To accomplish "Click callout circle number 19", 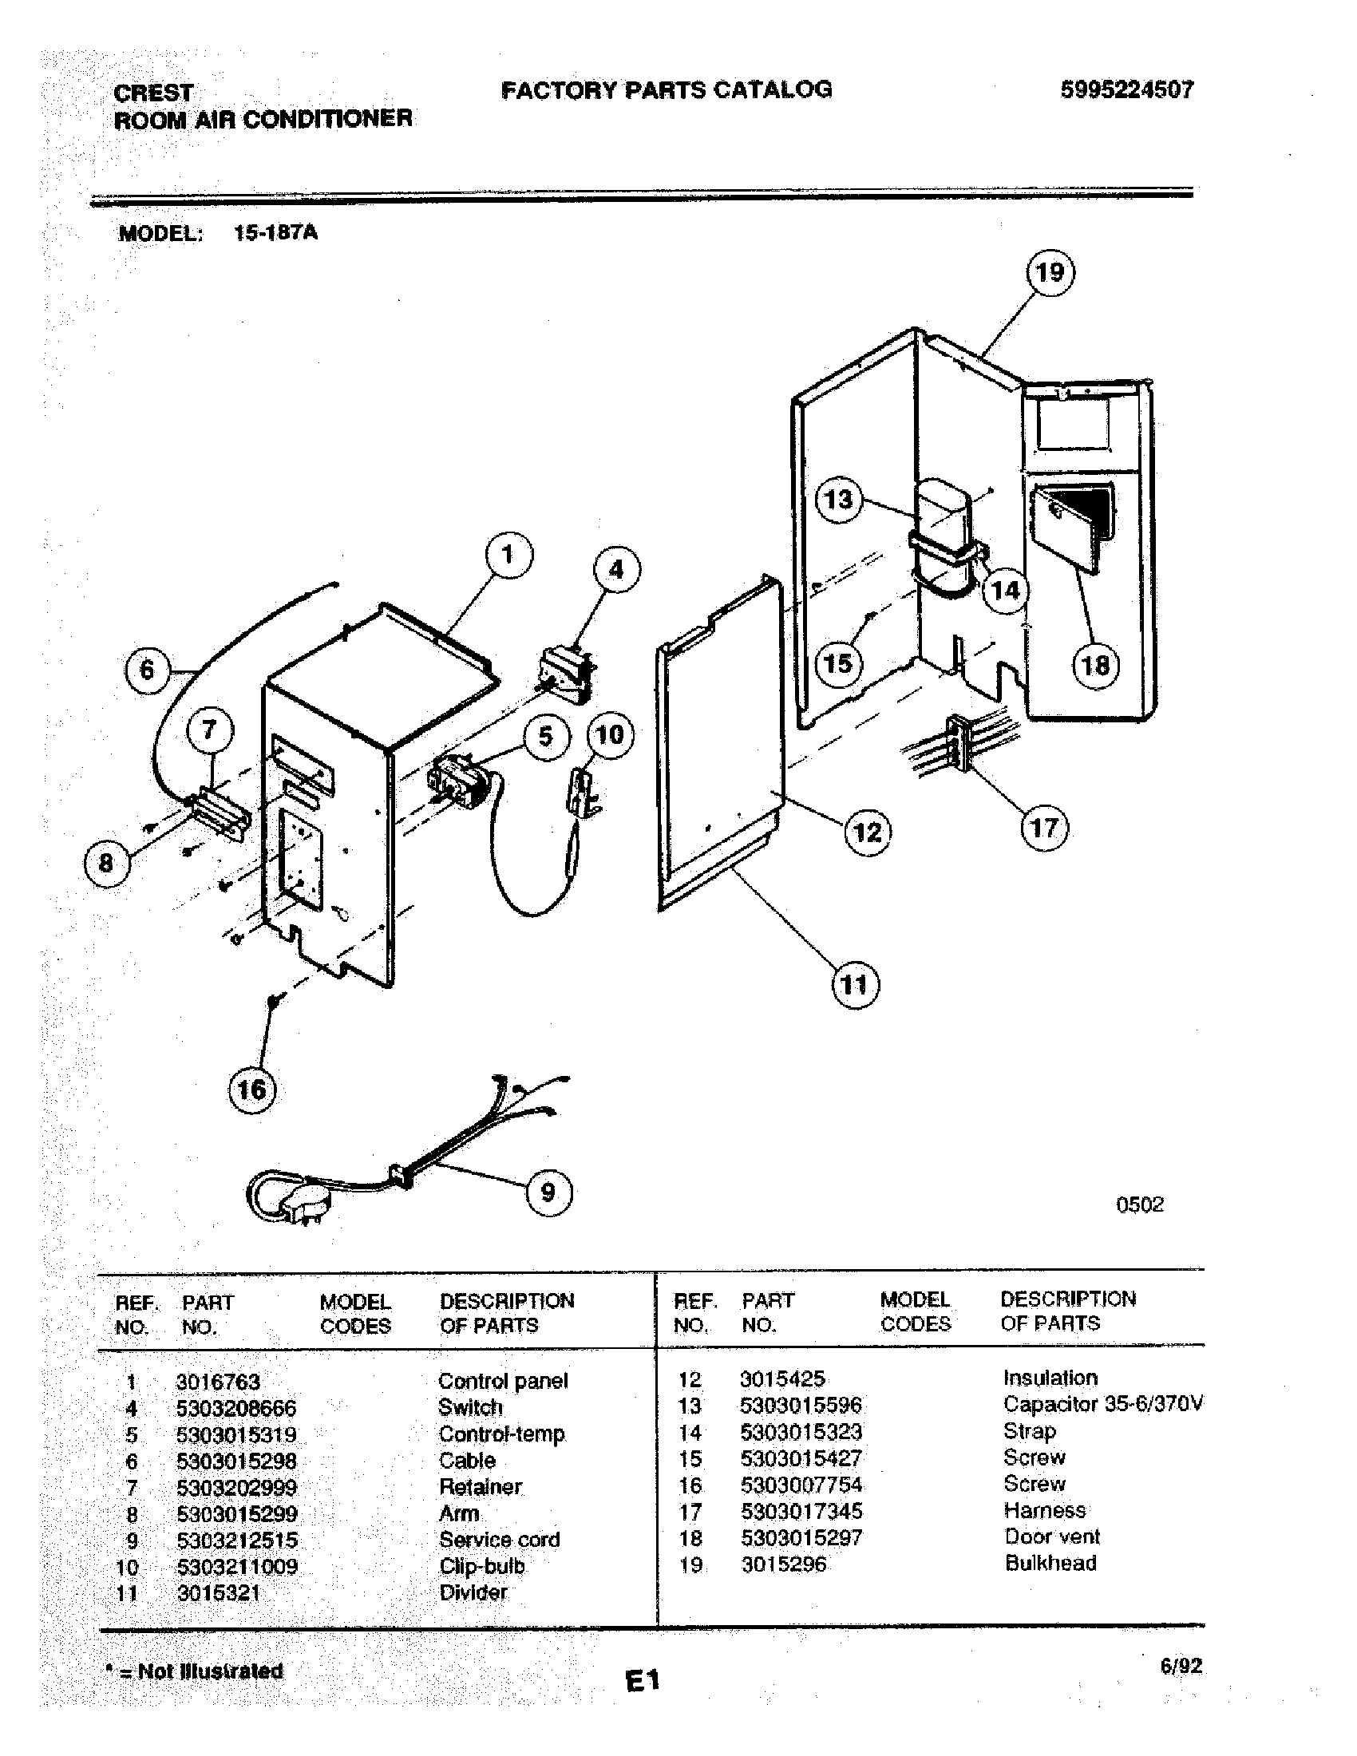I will pyautogui.click(x=1050, y=272).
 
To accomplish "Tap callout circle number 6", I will pyautogui.click(x=146, y=670).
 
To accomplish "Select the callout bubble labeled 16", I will pyautogui.click(x=251, y=1090).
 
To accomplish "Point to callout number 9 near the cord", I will pyautogui.click(x=548, y=1192).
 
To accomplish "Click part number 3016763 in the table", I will pyautogui.click(x=218, y=1382).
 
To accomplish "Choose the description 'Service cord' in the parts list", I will pyautogui.click(x=499, y=1540).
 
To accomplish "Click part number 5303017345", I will pyautogui.click(x=801, y=1512).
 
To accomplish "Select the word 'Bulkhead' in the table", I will pyautogui.click(x=1050, y=1564).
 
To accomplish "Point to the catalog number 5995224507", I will pyautogui.click(x=1127, y=89).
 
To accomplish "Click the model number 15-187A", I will pyautogui.click(x=275, y=233).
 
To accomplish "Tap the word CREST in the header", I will pyautogui.click(x=153, y=93).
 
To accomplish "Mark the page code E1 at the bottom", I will pyautogui.click(x=643, y=1680).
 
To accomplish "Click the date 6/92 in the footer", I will pyautogui.click(x=1181, y=1666).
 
